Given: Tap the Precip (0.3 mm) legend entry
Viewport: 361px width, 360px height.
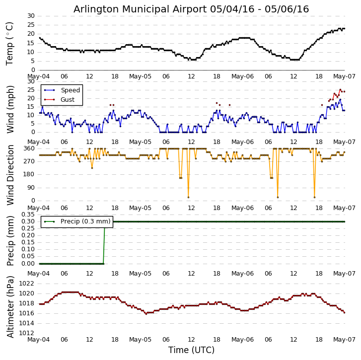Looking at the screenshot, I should pos(85,221).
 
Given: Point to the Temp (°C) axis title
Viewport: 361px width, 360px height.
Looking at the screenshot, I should pos(10,43).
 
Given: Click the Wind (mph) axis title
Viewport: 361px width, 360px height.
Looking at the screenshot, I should pos(10,109).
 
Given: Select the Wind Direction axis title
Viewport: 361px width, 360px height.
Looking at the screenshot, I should pos(10,175).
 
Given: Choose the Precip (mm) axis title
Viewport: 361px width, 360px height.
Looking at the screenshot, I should pos(10,240).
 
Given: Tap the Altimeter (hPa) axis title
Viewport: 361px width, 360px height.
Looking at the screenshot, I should pos(10,306).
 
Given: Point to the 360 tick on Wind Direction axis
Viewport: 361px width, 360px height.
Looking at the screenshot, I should pos(29,148).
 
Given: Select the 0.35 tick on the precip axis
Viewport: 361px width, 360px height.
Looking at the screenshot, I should pos(27,215).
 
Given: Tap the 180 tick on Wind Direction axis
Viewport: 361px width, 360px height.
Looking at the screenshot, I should pos(29,174).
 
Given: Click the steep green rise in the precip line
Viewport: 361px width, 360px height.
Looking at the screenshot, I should pos(104,243).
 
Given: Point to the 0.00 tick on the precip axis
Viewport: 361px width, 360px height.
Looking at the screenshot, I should pos(27,264).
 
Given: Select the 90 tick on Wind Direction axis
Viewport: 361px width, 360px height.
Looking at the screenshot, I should pos(30,188).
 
